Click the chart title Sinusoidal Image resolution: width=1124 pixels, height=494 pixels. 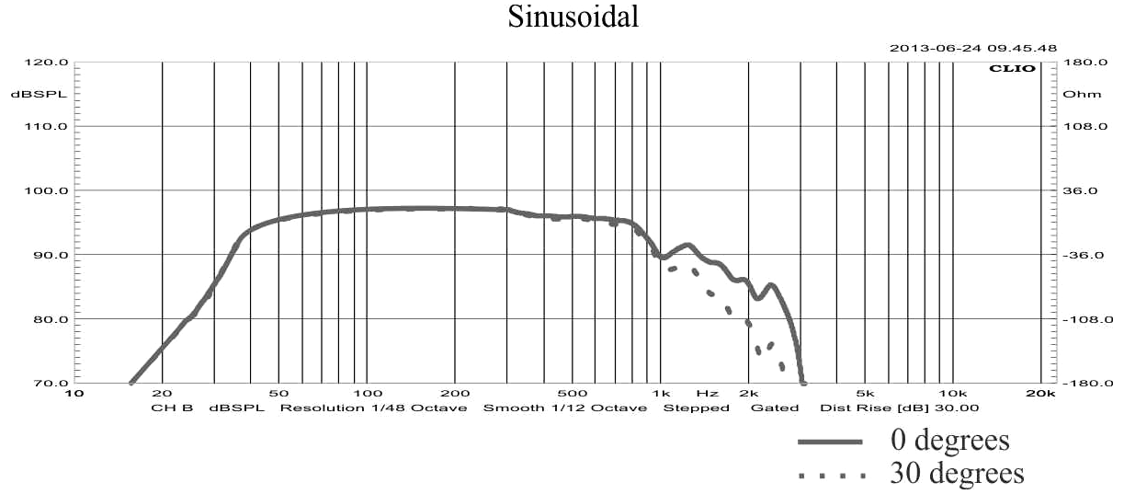pos(573,18)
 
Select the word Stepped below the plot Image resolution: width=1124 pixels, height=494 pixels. pos(697,408)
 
